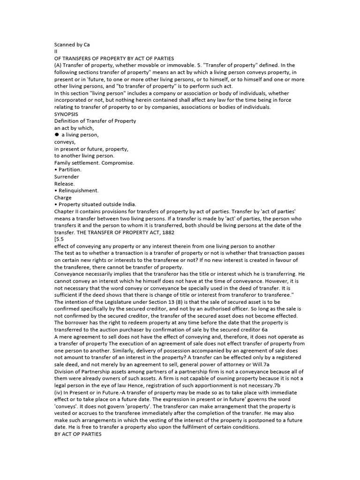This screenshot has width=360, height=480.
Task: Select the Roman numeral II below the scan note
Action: coord(56,52)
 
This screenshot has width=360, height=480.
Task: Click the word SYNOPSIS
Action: coord(66,114)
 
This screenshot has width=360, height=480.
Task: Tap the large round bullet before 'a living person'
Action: coord(57,135)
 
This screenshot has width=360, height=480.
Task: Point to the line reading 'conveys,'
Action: coord(65,142)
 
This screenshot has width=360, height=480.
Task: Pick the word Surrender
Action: coord(67,177)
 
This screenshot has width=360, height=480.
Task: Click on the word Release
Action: coord(64,184)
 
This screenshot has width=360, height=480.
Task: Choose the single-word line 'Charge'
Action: coord(63,198)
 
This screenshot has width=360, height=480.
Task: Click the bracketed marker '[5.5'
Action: coord(60,240)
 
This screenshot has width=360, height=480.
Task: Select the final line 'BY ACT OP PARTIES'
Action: coord(78,434)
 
